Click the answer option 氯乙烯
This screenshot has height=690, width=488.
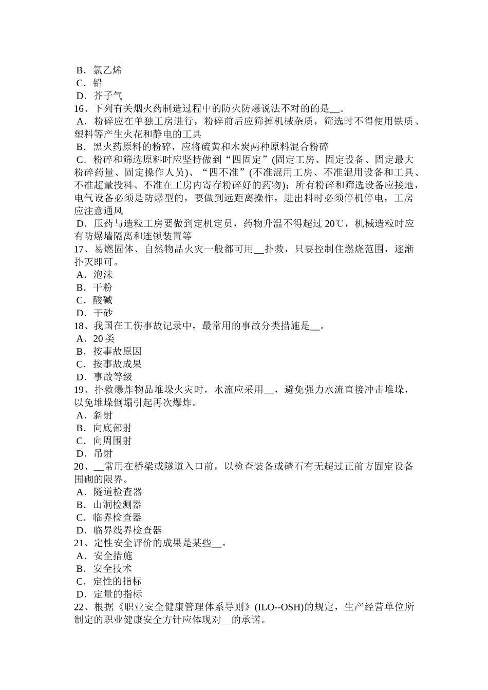click(x=107, y=70)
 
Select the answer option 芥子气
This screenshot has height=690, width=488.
click(x=107, y=95)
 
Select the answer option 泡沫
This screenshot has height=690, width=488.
click(x=103, y=275)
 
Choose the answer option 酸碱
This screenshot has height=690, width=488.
click(x=103, y=300)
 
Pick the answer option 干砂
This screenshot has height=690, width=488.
click(x=103, y=313)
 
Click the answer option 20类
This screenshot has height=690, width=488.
click(x=104, y=338)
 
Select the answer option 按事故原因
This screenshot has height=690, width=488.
click(x=117, y=351)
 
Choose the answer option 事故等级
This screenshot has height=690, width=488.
click(x=112, y=377)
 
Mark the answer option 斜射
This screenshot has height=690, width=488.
click(x=103, y=415)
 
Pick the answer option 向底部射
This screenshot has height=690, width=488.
click(x=112, y=428)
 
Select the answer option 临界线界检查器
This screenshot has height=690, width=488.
click(x=127, y=530)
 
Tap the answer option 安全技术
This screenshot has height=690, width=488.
click(x=112, y=568)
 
